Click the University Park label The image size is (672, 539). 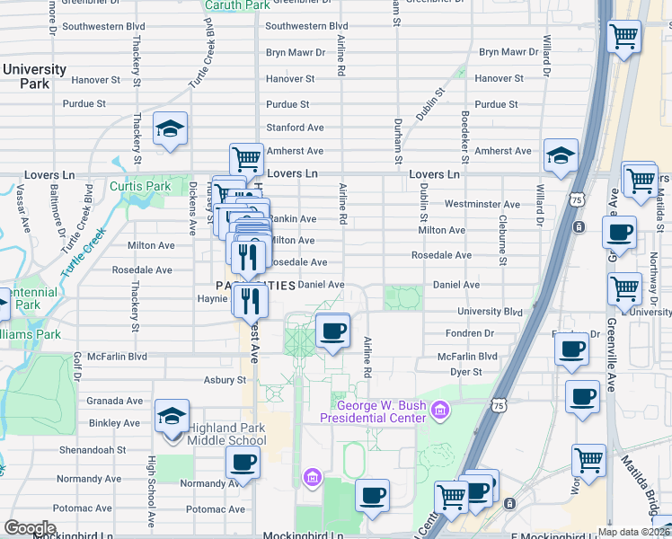click(x=34, y=76)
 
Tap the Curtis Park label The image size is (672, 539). click(x=139, y=187)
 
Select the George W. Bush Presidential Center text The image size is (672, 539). click(x=377, y=411)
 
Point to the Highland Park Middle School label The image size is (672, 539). click(x=226, y=434)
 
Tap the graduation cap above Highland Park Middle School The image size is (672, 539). click(x=172, y=417)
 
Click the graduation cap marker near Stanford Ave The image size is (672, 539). click(x=170, y=128)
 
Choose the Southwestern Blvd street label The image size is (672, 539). click(x=306, y=27)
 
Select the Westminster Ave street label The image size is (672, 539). click(x=482, y=205)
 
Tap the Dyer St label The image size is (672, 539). click(x=466, y=371)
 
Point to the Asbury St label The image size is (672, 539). click(x=225, y=380)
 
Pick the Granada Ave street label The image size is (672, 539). click(x=114, y=401)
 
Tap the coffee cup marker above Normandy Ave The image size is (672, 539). click(x=242, y=464)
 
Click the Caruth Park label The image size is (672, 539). click(x=237, y=5)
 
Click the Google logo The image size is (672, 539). click(x=30, y=528)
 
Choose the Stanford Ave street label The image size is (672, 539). click(x=295, y=128)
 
